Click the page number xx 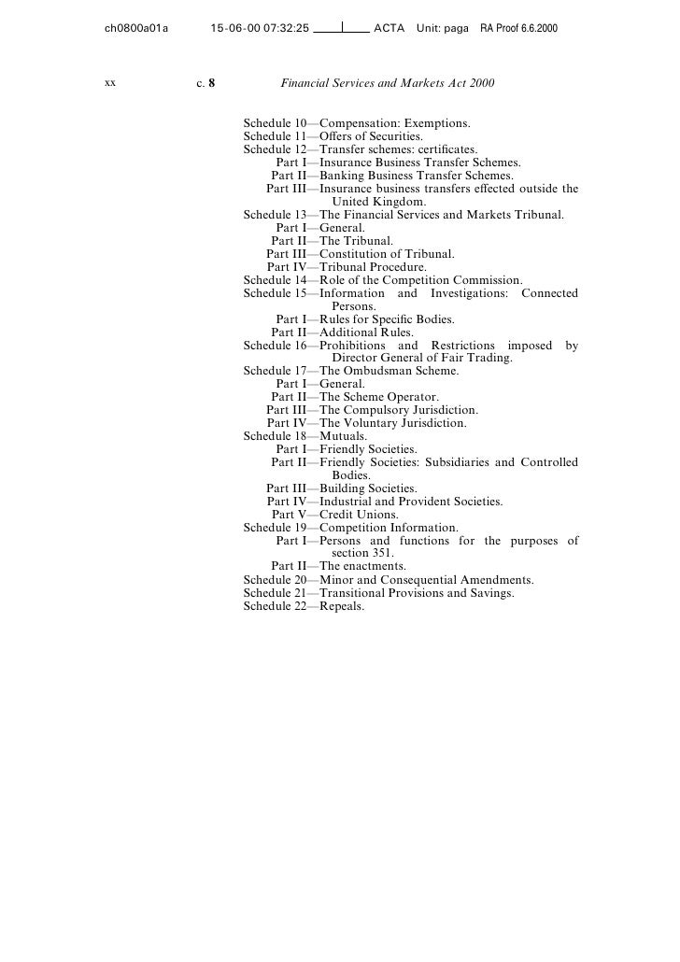pos(110,83)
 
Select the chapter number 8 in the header pos(212,83)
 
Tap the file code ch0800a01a pos(136,30)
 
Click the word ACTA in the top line pos(389,30)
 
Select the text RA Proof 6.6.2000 pos(518,30)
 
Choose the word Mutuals pos(343,435)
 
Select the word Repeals pos(342,605)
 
